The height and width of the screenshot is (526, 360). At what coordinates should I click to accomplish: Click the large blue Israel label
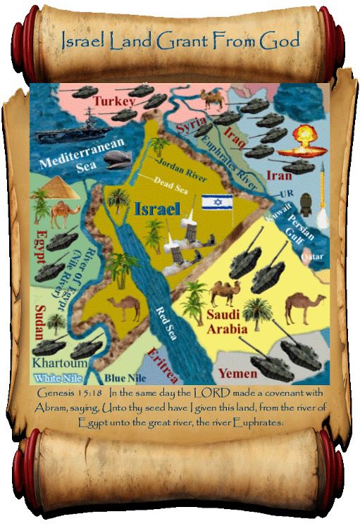(156, 209)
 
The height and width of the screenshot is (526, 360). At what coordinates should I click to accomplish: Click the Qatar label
(312, 258)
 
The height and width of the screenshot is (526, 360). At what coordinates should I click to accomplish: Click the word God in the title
(280, 40)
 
